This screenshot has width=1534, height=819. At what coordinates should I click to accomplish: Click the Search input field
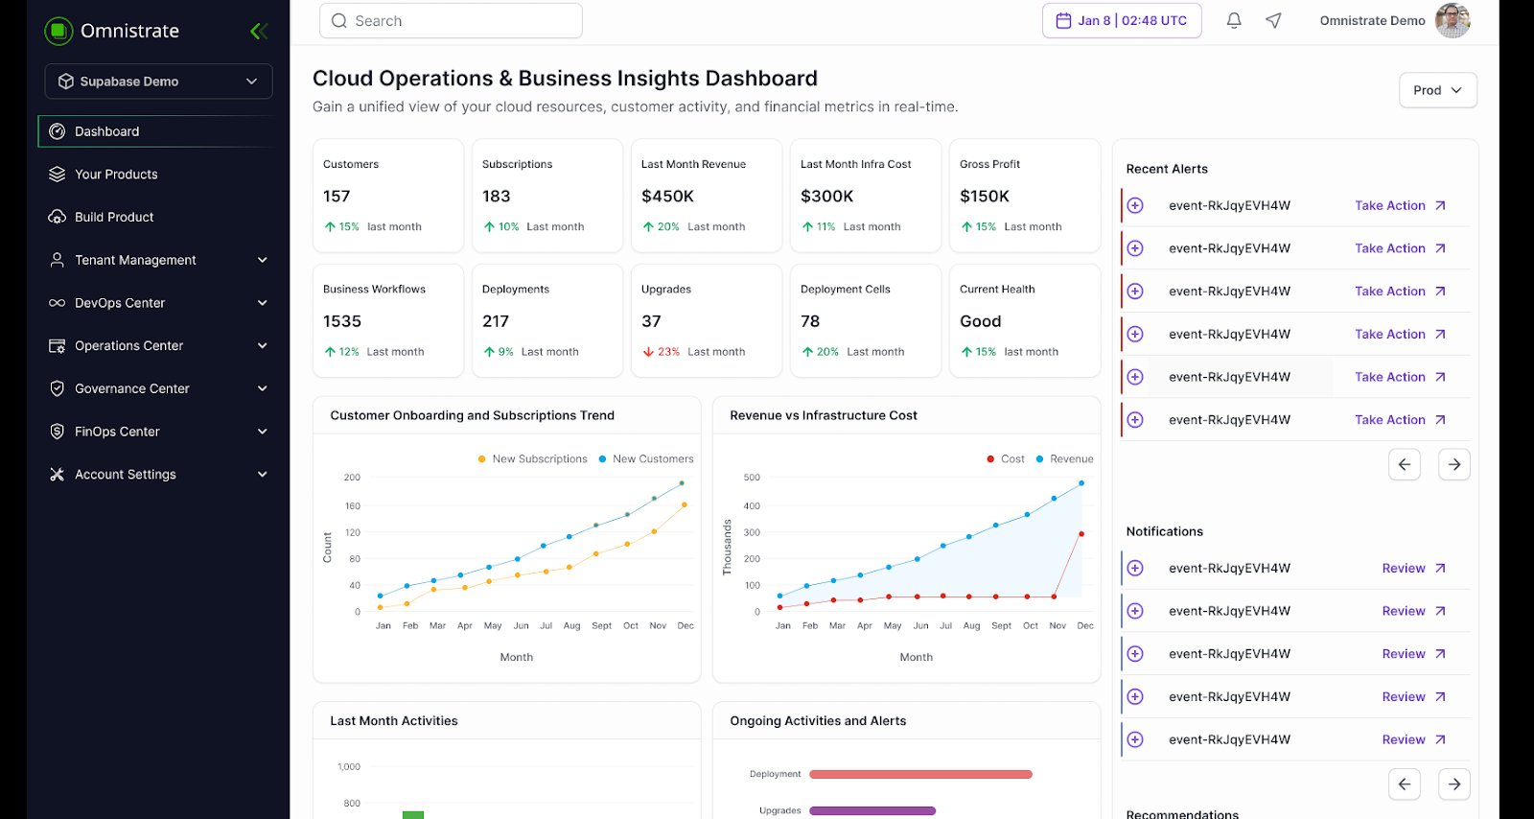[451, 21]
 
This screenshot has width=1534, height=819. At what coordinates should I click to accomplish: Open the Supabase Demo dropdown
[158, 82]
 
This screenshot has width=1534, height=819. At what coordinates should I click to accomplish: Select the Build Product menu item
[114, 217]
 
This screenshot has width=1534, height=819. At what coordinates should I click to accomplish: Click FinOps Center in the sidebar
[117, 432]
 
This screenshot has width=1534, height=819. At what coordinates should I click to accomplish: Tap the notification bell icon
[1234, 20]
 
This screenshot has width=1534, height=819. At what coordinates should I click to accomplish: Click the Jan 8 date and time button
[1122, 20]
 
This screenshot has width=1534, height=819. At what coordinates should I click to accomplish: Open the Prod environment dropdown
[1437, 90]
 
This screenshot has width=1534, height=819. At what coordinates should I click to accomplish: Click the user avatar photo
[1453, 20]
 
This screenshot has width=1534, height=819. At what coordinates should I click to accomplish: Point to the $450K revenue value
[667, 197]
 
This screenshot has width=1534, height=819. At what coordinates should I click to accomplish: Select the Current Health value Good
[980, 321]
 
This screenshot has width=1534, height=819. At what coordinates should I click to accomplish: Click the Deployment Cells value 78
[810, 321]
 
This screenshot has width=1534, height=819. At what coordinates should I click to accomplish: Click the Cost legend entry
[1006, 459]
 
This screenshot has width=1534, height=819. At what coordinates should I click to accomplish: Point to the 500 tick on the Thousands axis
[752, 478]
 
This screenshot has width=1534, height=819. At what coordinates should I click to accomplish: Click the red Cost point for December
[1081, 534]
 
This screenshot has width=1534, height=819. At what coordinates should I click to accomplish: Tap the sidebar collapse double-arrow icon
[258, 32]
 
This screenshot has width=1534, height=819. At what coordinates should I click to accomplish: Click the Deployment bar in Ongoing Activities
[920, 774]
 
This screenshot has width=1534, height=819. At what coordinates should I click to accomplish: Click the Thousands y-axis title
[727, 548]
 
